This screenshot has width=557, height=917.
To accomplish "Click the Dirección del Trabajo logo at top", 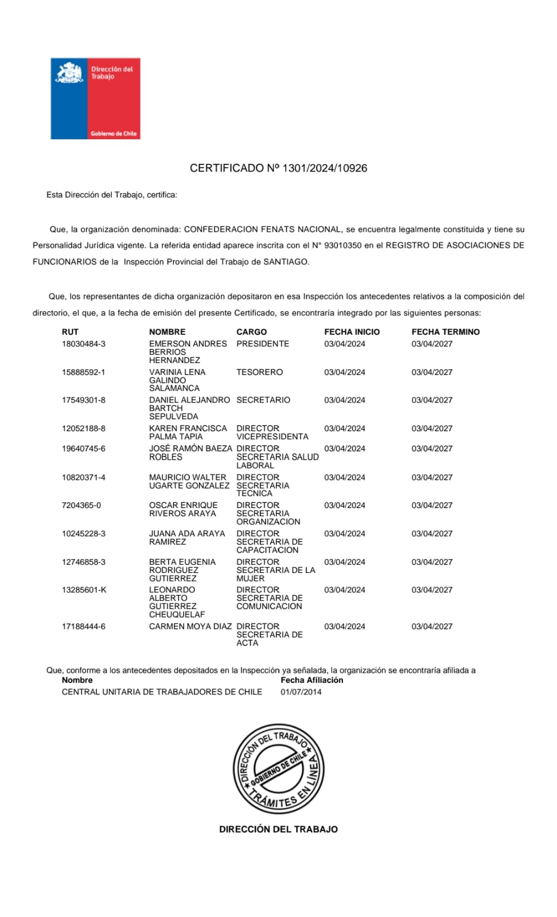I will click(95, 98).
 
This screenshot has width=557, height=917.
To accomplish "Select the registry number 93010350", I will click(342, 245).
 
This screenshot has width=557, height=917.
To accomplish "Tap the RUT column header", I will click(70, 332).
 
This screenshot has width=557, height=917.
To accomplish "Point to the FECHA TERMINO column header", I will click(445, 332).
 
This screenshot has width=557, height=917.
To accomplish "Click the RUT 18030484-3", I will click(84, 344).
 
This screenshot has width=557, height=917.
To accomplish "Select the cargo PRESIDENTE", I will click(263, 344).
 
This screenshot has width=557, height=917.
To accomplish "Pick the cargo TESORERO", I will click(259, 372).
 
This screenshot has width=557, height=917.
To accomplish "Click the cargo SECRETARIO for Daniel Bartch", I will click(263, 400).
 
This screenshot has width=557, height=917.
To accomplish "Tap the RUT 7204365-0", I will click(81, 506).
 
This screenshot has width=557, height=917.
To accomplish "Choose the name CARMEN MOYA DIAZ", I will click(190, 627).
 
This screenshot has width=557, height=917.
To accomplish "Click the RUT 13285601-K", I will click(84, 590).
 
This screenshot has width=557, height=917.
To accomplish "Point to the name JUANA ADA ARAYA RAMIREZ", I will click(187, 538).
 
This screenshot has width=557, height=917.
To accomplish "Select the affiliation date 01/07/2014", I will click(301, 692).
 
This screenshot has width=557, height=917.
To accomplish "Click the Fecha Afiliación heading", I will click(311, 680).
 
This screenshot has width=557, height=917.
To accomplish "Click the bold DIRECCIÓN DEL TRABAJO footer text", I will click(278, 829).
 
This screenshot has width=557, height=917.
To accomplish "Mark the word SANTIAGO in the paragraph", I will click(286, 262).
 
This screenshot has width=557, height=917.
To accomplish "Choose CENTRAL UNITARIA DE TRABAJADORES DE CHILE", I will click(162, 692).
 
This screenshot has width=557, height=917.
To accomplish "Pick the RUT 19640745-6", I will click(84, 449).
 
